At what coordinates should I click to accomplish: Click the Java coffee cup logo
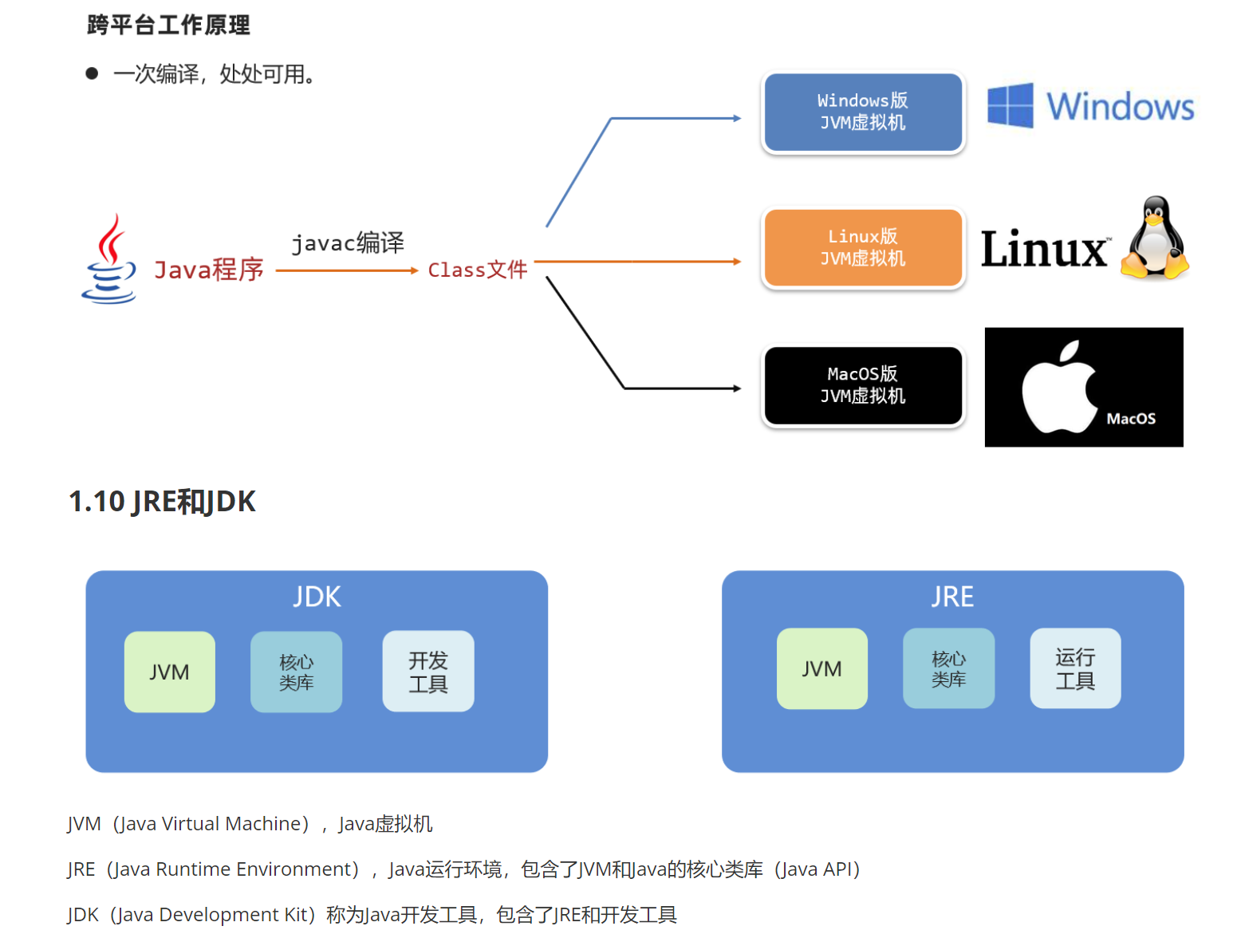click(x=109, y=260)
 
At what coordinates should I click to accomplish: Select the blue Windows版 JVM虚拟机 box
click(x=863, y=112)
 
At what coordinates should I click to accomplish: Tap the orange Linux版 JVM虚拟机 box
click(x=863, y=248)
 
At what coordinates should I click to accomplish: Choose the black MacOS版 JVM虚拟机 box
click(x=863, y=385)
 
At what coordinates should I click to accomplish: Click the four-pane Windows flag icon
click(x=1010, y=105)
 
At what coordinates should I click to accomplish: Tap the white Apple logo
click(x=1058, y=388)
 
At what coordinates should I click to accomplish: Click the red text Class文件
click(x=477, y=270)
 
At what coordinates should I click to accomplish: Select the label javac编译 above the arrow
click(x=348, y=242)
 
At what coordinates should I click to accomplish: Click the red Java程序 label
click(x=209, y=270)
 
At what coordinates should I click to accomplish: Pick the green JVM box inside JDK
click(x=170, y=672)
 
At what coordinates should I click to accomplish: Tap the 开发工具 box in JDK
click(x=428, y=672)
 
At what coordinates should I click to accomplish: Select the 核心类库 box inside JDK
click(x=296, y=672)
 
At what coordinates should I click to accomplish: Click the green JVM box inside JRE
click(x=822, y=668)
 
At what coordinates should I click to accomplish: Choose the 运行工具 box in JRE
click(x=1075, y=668)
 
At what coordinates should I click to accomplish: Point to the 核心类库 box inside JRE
click(x=948, y=668)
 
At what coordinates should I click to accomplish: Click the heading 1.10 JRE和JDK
click(x=162, y=502)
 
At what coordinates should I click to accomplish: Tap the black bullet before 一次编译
click(x=92, y=74)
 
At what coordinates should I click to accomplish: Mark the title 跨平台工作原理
click(x=168, y=26)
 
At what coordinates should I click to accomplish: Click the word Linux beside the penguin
click(x=1044, y=249)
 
